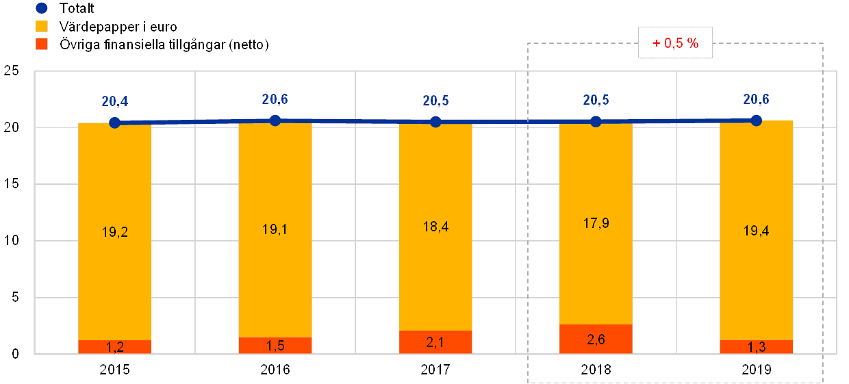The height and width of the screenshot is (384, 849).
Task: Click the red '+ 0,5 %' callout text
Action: click(x=675, y=43)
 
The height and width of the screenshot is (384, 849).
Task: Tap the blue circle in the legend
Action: click(x=42, y=9)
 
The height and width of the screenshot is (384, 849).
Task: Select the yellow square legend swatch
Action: click(x=42, y=27)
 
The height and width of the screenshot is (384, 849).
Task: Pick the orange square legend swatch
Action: click(x=42, y=45)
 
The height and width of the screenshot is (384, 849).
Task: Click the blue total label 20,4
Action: click(x=114, y=103)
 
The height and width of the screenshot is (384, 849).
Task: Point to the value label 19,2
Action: click(x=114, y=232)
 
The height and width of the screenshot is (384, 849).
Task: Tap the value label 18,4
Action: click(x=435, y=227)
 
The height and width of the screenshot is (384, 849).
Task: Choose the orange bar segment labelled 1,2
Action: click(x=114, y=347)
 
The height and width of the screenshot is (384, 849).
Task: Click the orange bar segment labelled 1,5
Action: click(x=275, y=346)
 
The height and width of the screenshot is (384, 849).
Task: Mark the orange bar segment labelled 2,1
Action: click(x=435, y=342)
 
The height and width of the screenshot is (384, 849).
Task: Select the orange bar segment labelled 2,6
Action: click(x=596, y=339)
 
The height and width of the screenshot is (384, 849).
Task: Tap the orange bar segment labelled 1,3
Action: click(x=756, y=346)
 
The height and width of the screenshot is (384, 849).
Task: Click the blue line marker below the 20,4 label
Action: click(x=115, y=123)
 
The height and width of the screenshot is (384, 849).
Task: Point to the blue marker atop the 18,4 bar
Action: click(x=435, y=122)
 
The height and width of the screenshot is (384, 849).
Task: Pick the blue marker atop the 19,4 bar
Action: click(x=756, y=120)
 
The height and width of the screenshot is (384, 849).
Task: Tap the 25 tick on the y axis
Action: click(x=12, y=71)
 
